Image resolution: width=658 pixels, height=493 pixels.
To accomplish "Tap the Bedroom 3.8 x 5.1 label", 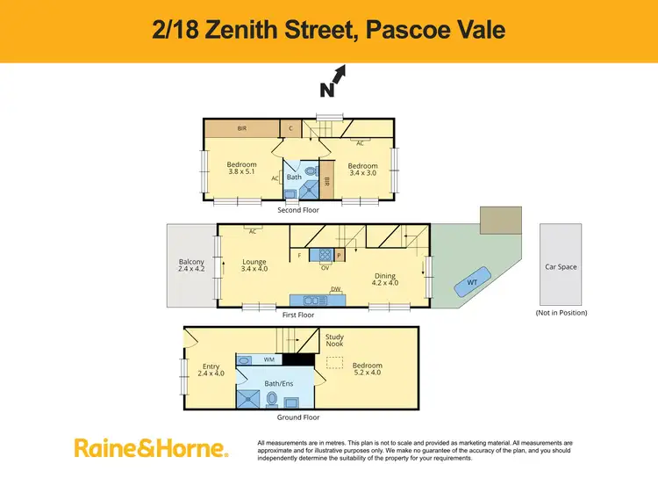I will pyautogui.click(x=241, y=169).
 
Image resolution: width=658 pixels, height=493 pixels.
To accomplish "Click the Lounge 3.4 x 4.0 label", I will pyautogui.click(x=254, y=265).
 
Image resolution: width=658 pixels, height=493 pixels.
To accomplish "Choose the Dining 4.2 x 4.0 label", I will pyautogui.click(x=385, y=279).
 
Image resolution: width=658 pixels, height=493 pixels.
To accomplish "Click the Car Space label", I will pyautogui.click(x=561, y=266).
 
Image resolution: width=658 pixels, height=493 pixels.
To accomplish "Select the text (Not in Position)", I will pyautogui.click(x=561, y=313).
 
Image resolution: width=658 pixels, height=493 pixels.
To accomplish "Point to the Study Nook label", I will pyautogui.click(x=334, y=341).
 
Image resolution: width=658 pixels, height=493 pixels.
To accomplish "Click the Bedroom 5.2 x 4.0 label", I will pyautogui.click(x=368, y=370).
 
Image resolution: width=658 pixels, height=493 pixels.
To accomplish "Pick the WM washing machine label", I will pyautogui.click(x=269, y=359).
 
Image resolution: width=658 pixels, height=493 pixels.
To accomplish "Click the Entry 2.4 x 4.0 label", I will pyautogui.click(x=211, y=371).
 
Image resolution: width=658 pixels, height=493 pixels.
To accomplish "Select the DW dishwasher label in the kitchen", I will pyautogui.click(x=335, y=289).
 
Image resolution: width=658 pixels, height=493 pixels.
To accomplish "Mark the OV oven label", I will pyautogui.click(x=325, y=267).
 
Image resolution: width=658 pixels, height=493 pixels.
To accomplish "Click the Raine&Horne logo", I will pyautogui.click(x=151, y=448).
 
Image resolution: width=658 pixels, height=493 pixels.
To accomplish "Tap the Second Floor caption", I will pyautogui.click(x=298, y=210).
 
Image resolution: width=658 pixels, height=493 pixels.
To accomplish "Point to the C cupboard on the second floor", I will pyautogui.click(x=291, y=128).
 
